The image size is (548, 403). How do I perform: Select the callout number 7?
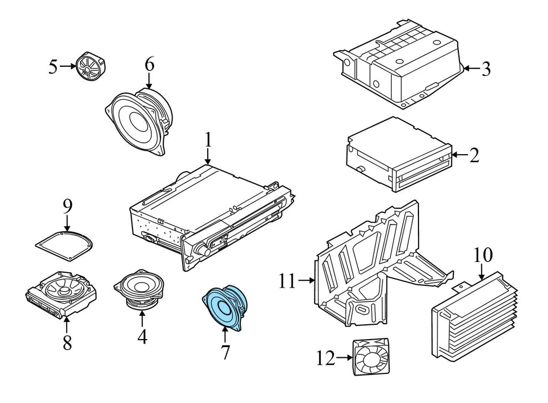[225, 352]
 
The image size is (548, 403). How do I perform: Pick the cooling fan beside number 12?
[372, 357]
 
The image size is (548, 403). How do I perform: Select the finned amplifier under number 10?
[474, 316]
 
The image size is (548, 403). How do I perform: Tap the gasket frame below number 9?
[65, 245]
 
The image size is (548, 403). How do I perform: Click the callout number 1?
[208, 140]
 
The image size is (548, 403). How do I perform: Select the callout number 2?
[474, 155]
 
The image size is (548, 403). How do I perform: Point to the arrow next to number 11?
[307, 280]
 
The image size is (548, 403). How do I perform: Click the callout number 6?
[149, 65]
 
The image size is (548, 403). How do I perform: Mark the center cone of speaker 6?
[138, 119]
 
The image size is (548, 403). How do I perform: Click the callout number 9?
[67, 206]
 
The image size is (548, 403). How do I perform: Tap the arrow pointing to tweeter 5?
[68, 66]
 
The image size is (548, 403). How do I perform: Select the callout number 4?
[142, 336]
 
